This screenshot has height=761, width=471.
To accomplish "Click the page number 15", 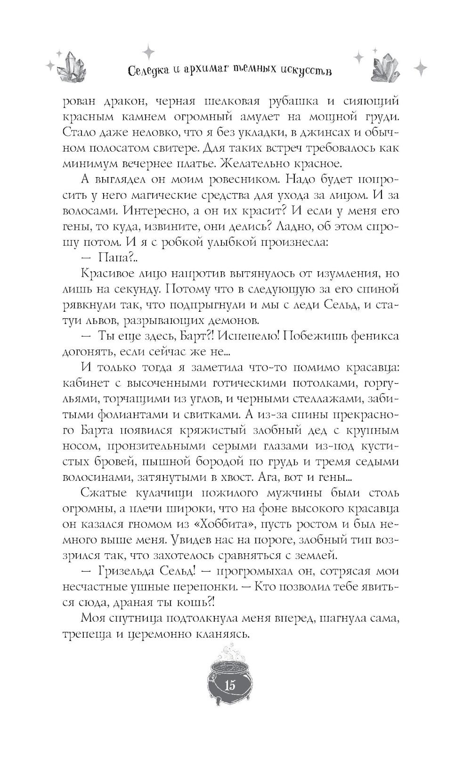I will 230,685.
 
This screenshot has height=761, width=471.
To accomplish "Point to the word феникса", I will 369,336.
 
